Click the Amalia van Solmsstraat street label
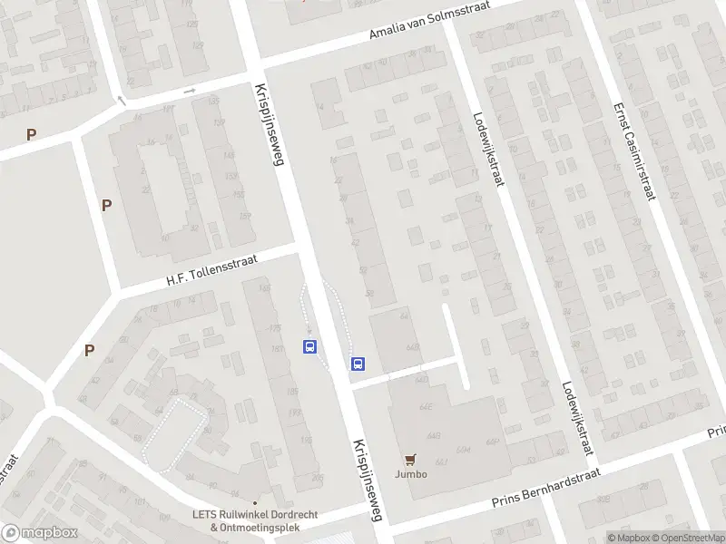click(436, 20)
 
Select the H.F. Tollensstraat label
click(211, 270)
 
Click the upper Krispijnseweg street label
click(270, 123)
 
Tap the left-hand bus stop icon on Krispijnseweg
click(310, 347)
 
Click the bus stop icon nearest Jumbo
click(358, 364)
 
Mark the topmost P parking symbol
click(32, 134)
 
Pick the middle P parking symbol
click(106, 205)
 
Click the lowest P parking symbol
click(89, 350)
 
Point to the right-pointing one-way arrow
click(190, 91)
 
